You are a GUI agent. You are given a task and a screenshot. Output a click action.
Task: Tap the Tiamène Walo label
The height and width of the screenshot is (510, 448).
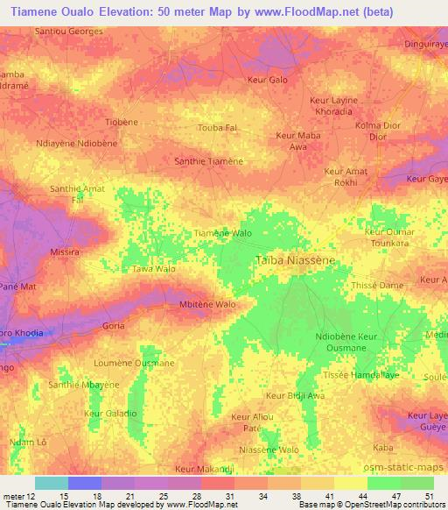click(x=222, y=234)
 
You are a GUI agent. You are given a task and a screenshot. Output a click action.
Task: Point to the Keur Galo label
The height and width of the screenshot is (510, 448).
click(x=267, y=80)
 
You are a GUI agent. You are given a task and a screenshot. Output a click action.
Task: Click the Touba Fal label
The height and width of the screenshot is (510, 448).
click(x=218, y=128)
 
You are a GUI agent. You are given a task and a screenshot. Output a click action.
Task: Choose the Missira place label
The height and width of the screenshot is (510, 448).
click(x=65, y=251)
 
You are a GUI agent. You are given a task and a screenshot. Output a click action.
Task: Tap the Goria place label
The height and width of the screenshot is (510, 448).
click(x=113, y=325)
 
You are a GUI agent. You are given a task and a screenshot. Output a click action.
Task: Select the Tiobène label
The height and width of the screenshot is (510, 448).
click(x=121, y=121)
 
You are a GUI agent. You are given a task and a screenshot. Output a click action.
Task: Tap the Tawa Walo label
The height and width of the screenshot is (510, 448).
click(x=153, y=270)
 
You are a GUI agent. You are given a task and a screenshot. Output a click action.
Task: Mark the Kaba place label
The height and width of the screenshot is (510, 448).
click(x=382, y=448)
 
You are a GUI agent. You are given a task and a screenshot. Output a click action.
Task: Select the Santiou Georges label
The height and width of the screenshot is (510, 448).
click(x=69, y=31)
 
